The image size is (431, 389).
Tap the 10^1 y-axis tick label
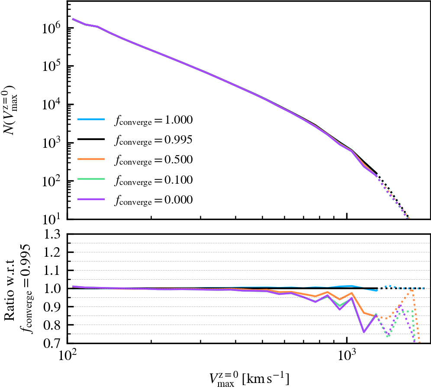tap(51, 219)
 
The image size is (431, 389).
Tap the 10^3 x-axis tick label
tap(347, 357)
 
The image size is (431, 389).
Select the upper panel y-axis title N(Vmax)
tap(12, 111)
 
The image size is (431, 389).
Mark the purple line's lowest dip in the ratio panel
tap(364, 332)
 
